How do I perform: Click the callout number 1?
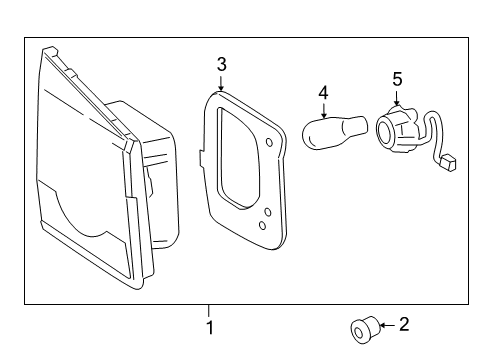[209, 327]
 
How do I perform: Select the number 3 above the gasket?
[221, 64]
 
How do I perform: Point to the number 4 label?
[323, 94]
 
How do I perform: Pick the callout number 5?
[396, 77]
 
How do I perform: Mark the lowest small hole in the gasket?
[262, 226]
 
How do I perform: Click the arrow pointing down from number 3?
[221, 82]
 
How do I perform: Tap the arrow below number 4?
[323, 112]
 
